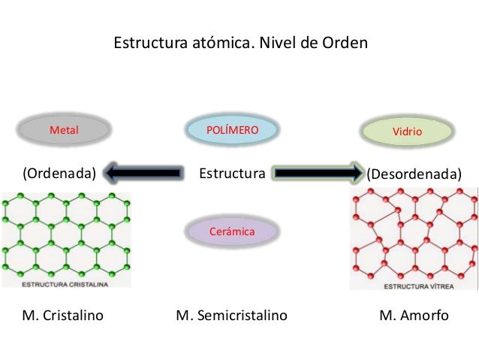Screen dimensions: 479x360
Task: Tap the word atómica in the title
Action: [213, 42]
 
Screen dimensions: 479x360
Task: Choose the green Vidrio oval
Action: [408, 132]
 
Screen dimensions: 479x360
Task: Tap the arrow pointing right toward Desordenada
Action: [318, 174]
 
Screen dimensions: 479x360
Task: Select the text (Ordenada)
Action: [59, 174]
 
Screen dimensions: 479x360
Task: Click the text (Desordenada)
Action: [413, 174]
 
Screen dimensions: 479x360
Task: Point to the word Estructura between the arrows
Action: [232, 174]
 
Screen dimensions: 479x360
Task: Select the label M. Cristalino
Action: [63, 315]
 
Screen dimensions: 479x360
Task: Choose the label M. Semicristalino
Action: [231, 315]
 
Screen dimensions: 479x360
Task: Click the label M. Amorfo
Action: [414, 315]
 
